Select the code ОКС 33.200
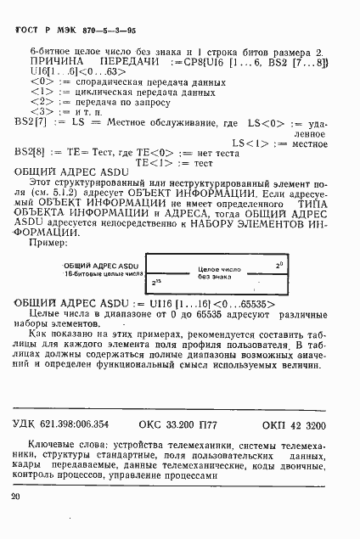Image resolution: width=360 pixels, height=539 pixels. pyautogui.click(x=170, y=424)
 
